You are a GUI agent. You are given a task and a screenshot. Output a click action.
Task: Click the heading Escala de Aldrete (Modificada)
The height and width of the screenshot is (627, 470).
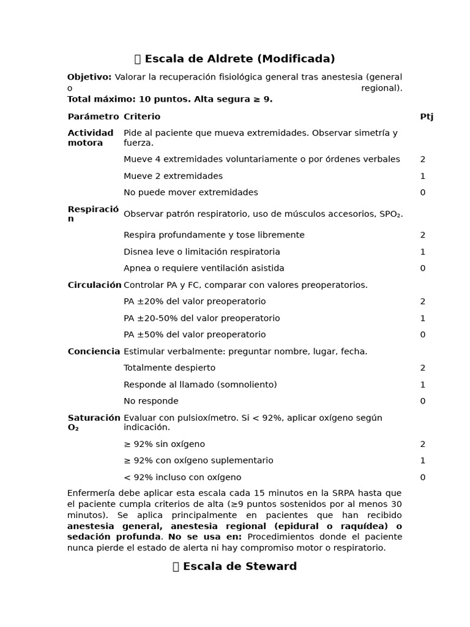(x=235, y=59)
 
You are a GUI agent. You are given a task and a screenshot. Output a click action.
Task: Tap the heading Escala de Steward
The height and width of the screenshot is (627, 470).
(x=235, y=566)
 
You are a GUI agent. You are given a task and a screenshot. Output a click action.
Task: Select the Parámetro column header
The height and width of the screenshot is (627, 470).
(x=93, y=116)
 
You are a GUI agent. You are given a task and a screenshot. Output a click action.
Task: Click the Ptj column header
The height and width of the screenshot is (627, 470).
(x=427, y=116)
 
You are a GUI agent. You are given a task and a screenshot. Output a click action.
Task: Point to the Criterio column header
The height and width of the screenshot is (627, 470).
(x=142, y=116)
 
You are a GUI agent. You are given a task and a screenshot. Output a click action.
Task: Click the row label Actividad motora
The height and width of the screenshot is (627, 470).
(x=91, y=138)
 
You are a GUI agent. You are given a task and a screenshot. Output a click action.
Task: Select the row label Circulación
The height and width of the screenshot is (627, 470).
(x=94, y=285)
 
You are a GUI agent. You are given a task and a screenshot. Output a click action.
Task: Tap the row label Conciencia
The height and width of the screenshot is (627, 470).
(x=94, y=351)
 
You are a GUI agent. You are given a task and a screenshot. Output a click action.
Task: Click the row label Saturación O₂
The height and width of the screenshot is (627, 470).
(x=94, y=422)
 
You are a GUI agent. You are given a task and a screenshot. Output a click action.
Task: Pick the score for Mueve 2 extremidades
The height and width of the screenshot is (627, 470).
(x=422, y=176)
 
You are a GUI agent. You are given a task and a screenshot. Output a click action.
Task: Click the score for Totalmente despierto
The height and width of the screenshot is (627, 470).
(x=422, y=368)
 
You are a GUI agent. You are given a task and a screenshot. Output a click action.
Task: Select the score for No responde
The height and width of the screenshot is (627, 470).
(x=422, y=402)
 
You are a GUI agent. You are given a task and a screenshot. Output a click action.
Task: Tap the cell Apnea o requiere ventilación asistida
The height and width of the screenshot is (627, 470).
(x=204, y=268)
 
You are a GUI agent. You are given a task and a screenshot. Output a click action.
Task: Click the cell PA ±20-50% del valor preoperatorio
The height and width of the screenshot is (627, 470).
(x=201, y=318)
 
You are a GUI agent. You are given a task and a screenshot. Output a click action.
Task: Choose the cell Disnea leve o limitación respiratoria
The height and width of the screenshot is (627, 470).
(x=201, y=252)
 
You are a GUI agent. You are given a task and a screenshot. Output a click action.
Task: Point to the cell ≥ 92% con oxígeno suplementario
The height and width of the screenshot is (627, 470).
(x=198, y=460)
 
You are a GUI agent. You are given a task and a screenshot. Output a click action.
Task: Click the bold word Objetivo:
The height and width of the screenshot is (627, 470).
(x=89, y=77)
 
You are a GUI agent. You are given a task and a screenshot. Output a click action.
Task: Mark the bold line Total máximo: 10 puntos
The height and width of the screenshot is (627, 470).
(x=170, y=99)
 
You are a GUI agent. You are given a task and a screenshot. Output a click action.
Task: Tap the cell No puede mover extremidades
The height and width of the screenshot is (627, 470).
(x=190, y=192)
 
